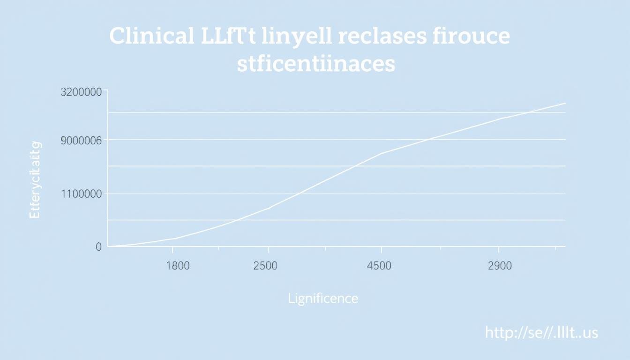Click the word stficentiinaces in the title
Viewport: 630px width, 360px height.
pyautogui.click(x=315, y=64)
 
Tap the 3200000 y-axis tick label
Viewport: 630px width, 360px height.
pyautogui.click(x=81, y=92)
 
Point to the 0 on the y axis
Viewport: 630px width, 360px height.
pyautogui.click(x=98, y=247)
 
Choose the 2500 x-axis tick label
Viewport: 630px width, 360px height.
pyautogui.click(x=265, y=266)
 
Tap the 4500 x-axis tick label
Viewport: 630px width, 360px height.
pyautogui.click(x=379, y=266)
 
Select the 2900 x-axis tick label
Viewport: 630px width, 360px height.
pyautogui.click(x=499, y=266)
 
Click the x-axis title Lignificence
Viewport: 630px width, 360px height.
pyautogui.click(x=323, y=298)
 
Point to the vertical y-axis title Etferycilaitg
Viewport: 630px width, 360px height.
pyautogui.click(x=35, y=180)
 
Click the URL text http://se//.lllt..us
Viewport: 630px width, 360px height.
pyautogui.click(x=541, y=333)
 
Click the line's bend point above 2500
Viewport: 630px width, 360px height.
pyautogui.click(x=269, y=208)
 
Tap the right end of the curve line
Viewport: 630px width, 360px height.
pyautogui.click(x=565, y=103)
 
